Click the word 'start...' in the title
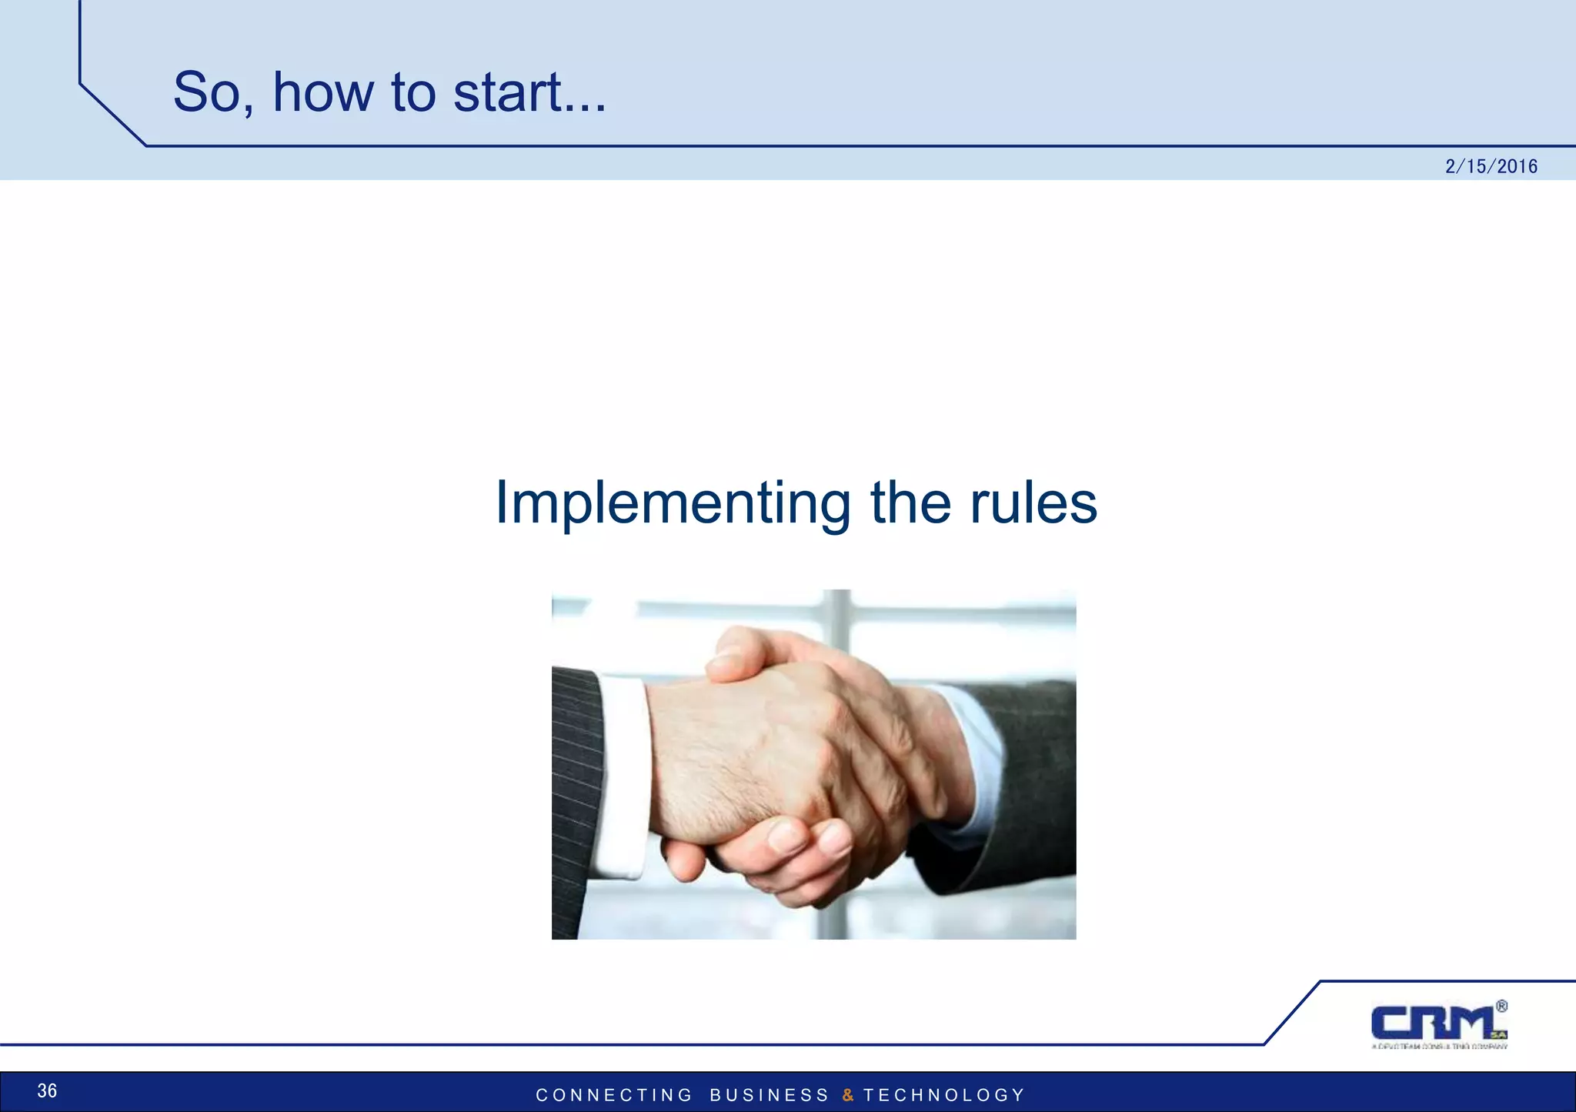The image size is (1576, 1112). (x=529, y=92)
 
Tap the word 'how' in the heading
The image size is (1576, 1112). (x=323, y=92)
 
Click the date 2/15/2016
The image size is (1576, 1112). (x=1491, y=166)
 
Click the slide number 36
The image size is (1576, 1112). (x=47, y=1090)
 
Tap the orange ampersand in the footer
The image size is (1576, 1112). (x=848, y=1095)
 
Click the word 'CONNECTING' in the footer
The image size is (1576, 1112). (x=614, y=1095)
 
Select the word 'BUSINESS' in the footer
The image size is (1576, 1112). (x=769, y=1095)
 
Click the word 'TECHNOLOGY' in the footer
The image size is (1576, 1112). (x=943, y=1095)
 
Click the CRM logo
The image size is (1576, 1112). (x=1435, y=1024)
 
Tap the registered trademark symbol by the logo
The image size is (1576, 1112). (x=1501, y=1006)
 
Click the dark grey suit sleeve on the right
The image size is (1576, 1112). (x=1031, y=770)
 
